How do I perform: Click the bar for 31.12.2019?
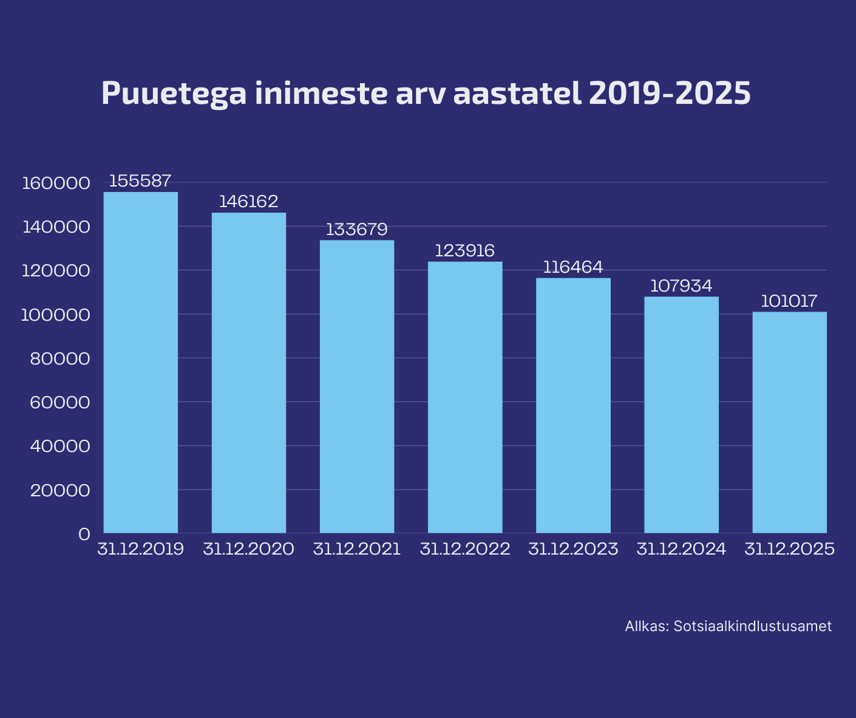click(141, 362)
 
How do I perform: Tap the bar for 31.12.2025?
click(789, 422)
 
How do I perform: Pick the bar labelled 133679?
click(357, 386)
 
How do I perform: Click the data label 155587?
click(140, 181)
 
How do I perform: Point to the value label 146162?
click(248, 202)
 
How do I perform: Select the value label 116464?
click(572, 267)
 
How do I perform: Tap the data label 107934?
click(681, 285)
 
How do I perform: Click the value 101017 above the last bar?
click(789, 301)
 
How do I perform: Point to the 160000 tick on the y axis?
click(56, 183)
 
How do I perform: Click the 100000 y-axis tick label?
click(56, 315)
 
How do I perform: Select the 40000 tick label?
click(60, 446)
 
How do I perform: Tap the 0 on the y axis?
click(84, 534)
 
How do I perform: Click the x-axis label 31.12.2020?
click(248, 550)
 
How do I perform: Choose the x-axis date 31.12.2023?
click(573, 550)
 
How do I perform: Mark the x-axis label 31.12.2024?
click(681, 550)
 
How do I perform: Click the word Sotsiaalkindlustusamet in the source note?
click(753, 626)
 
